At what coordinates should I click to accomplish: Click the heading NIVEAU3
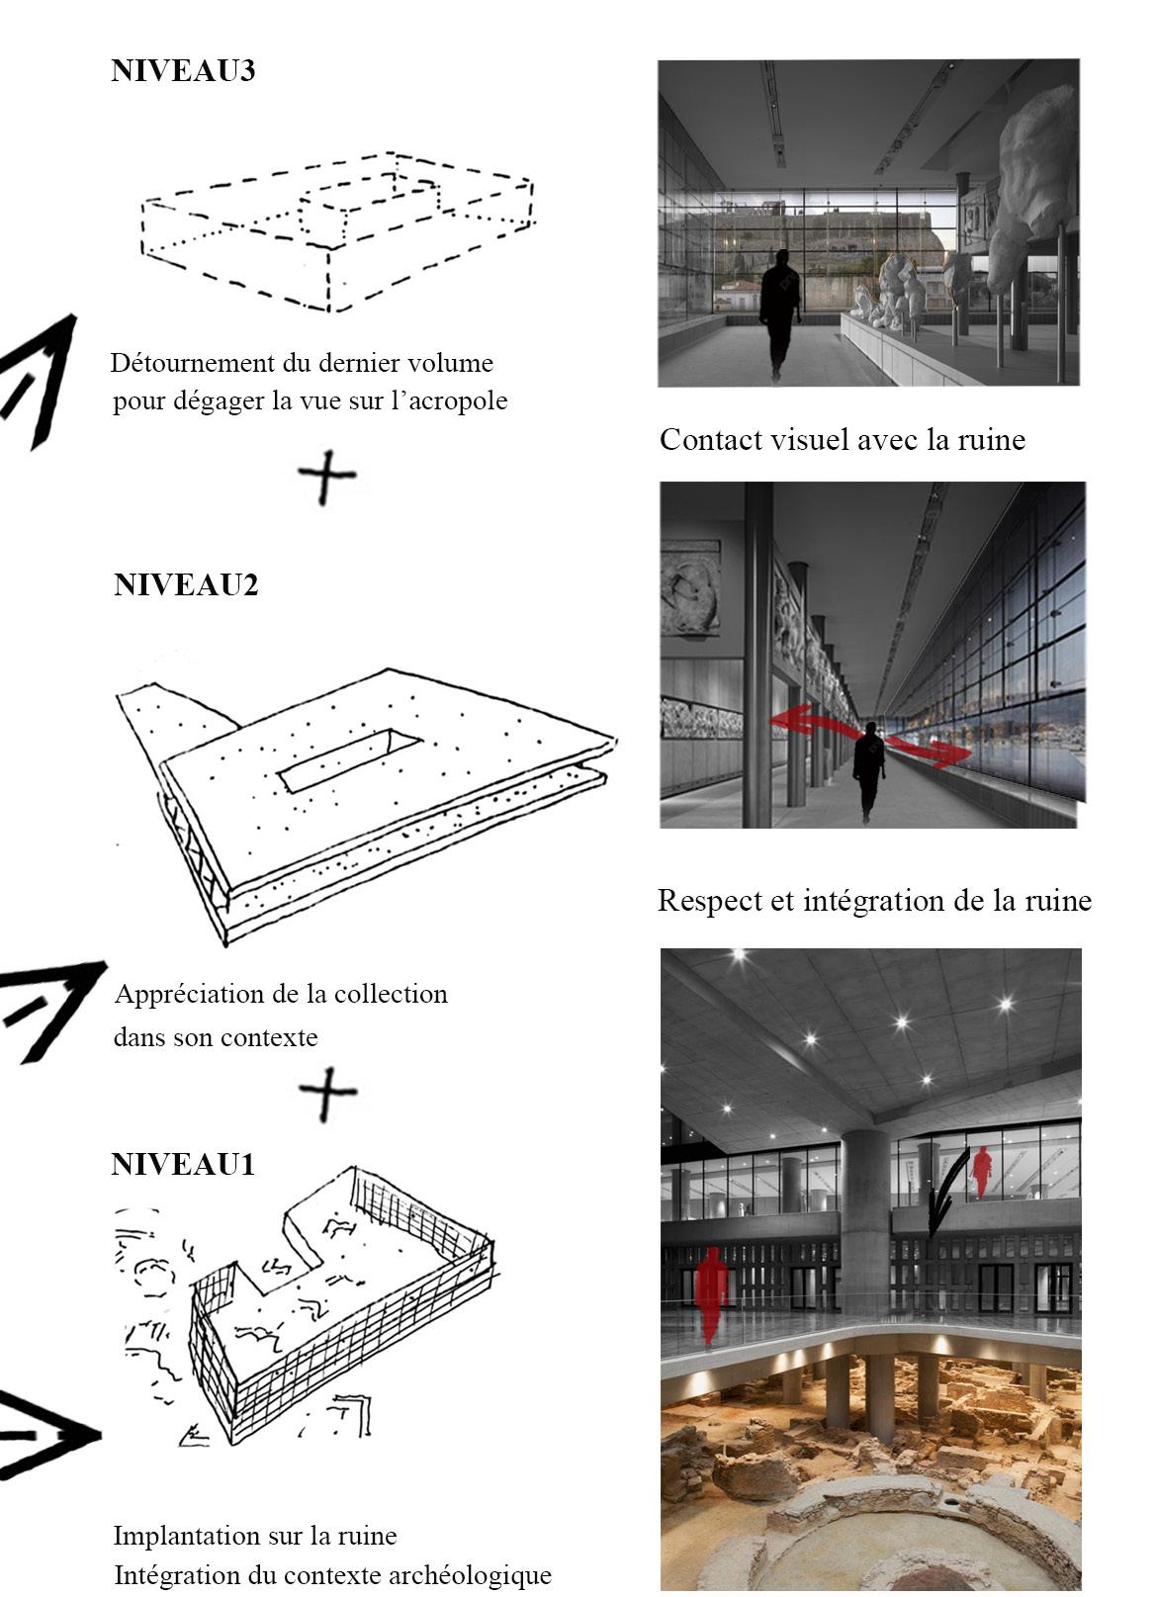(183, 71)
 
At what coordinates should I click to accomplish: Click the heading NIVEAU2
(186, 584)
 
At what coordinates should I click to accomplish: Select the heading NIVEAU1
(183, 1164)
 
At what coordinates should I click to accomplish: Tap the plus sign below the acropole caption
(326, 477)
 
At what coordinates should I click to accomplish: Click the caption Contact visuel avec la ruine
(843, 440)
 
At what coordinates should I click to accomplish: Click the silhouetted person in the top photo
(779, 313)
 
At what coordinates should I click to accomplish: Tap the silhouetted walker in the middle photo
(869, 771)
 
